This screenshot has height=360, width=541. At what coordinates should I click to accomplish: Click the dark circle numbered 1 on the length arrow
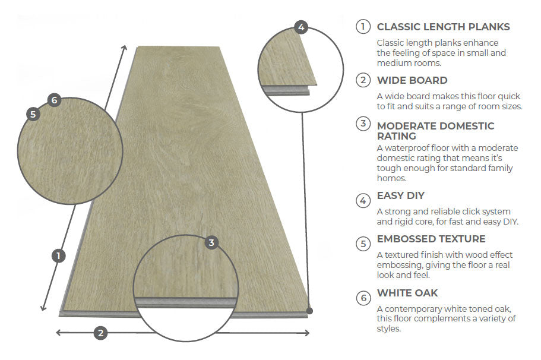[59, 256]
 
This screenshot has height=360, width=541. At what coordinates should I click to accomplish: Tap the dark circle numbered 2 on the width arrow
[101, 333]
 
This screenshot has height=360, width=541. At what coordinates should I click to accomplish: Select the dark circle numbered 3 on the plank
[211, 242]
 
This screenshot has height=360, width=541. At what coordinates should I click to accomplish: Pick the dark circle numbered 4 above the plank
[301, 27]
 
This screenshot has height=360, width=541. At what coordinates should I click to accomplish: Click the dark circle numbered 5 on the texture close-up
[33, 114]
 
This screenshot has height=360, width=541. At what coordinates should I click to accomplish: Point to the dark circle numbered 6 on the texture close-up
[54, 100]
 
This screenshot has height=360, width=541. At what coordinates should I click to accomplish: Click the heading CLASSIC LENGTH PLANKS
[444, 27]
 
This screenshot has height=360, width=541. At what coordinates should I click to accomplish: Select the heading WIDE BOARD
[412, 80]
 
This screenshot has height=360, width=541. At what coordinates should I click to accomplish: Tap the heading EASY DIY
[401, 195]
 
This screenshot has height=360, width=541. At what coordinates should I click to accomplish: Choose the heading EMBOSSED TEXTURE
[431, 239]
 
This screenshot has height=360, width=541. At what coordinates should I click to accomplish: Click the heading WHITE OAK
[407, 293]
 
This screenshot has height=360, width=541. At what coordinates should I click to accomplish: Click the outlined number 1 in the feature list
[363, 27]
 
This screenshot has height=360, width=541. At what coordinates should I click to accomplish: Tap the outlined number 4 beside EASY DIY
[363, 201]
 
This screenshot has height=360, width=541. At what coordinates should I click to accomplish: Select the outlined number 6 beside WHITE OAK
[363, 298]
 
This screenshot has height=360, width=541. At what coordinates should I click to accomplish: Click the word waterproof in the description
[407, 149]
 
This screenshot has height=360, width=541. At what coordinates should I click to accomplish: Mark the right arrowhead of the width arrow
[307, 333]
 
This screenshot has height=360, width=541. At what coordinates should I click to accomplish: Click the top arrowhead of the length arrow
[125, 48]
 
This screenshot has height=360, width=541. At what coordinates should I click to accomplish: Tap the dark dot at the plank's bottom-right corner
[309, 311]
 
